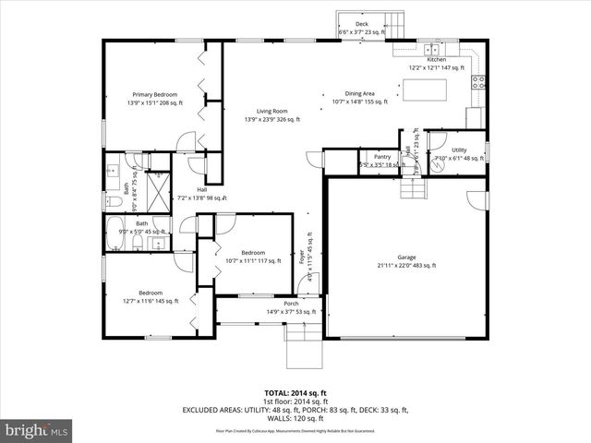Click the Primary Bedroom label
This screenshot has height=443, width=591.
(x=155, y=99)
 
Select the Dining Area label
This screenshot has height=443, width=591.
(x=359, y=98)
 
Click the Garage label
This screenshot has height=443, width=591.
(x=405, y=260)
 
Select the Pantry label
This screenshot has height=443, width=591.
(x=382, y=161)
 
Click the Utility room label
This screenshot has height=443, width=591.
(x=459, y=153)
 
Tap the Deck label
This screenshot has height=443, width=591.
(x=361, y=28)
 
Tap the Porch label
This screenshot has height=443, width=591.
(x=291, y=307)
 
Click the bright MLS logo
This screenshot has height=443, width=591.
(x=37, y=430)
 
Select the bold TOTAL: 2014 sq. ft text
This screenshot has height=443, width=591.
(x=291, y=392)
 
